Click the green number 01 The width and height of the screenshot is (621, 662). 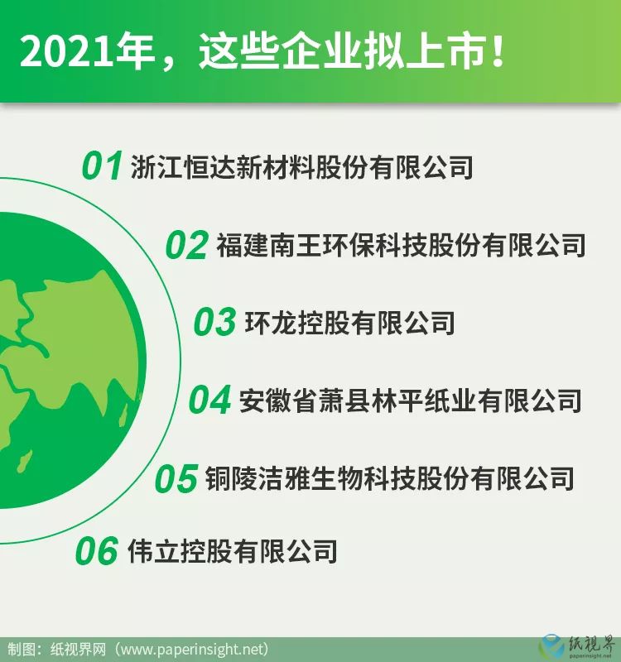pos(102,165)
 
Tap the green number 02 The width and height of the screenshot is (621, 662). pos(186,245)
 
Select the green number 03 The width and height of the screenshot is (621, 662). pos(214,322)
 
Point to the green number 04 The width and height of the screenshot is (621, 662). pos(209,400)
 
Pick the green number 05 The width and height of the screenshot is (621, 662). pos(176,478)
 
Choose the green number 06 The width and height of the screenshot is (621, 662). pos(96,550)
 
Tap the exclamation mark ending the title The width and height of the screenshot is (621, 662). pos(498,50)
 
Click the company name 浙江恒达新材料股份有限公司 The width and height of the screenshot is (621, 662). pos(301,166)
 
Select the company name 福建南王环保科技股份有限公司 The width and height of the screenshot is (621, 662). pos(401,244)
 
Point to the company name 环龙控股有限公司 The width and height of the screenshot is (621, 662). pos(349,323)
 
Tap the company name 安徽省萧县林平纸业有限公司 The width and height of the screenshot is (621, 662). pos(410,401)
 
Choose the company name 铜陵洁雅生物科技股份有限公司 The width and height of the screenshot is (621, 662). pos(389,478)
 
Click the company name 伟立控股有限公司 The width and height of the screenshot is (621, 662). pos(233,550)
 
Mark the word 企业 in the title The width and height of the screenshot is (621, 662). pos(322,50)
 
